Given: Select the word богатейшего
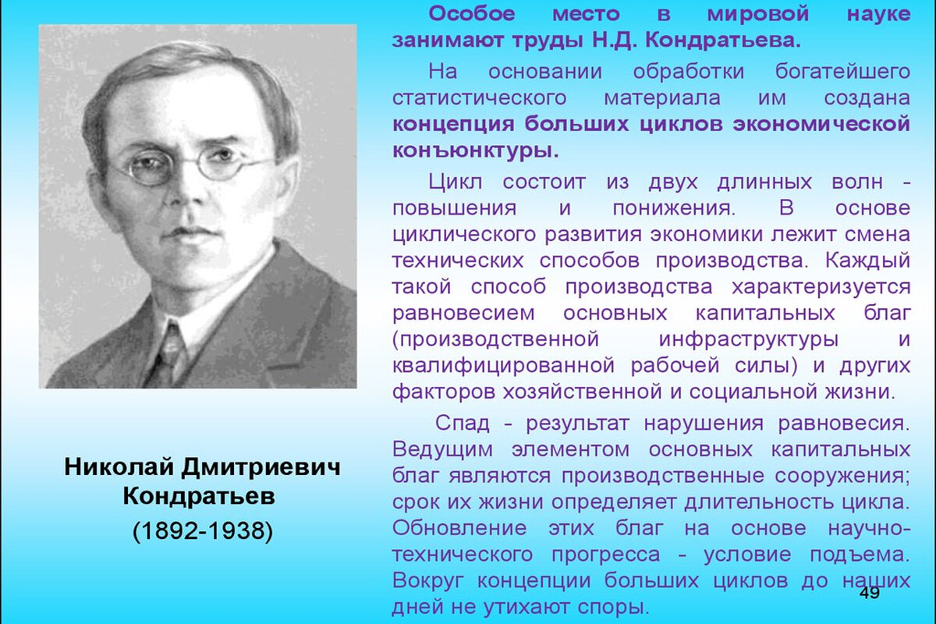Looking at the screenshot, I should (x=842, y=72).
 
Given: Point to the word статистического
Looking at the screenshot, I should (x=479, y=99).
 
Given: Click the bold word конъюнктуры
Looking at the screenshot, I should (x=475, y=150).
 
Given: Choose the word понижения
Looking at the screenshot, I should (x=673, y=208).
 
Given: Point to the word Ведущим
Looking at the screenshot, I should (x=443, y=450).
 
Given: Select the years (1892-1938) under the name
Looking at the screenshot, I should (x=202, y=530).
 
